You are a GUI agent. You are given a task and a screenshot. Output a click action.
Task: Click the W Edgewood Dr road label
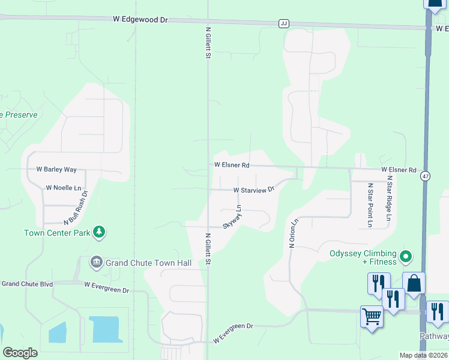(140, 19)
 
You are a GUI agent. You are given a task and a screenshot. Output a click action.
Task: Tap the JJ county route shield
(284, 23)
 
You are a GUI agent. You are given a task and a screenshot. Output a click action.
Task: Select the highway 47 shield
(426, 176)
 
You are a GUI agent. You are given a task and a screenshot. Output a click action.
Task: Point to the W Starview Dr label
(253, 190)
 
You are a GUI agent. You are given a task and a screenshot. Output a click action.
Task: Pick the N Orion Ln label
(294, 234)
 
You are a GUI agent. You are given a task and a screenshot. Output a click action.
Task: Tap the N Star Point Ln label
(370, 205)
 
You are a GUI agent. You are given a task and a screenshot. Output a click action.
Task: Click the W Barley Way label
(56, 170)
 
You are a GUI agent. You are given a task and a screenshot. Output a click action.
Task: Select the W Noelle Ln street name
(63, 188)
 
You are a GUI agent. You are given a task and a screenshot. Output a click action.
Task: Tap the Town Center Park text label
(57, 233)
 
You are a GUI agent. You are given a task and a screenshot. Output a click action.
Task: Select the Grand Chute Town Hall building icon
(96, 262)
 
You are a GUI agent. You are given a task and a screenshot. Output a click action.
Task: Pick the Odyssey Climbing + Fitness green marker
(406, 257)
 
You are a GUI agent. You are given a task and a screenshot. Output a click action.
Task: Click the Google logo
(20, 353)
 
